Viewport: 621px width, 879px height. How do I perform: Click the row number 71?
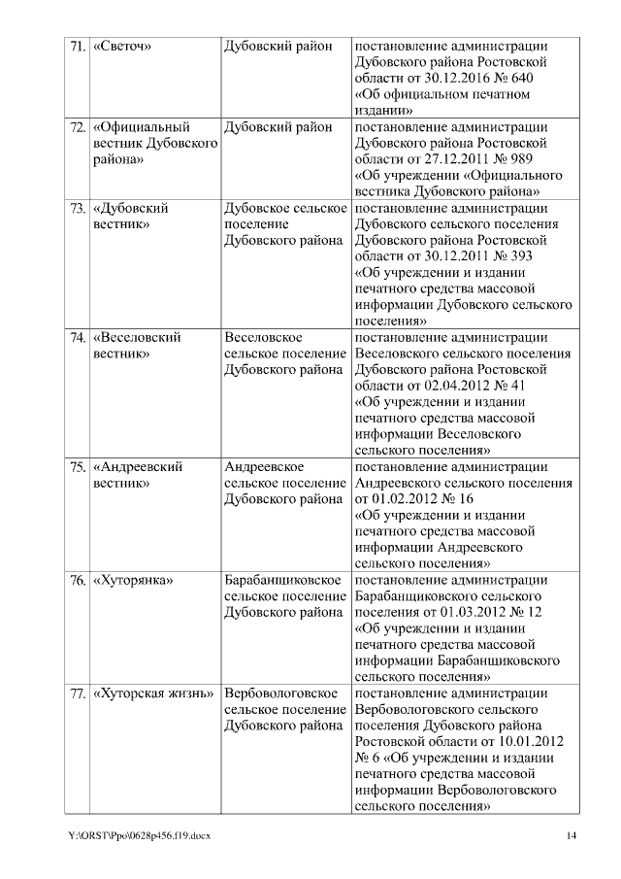[x=77, y=46]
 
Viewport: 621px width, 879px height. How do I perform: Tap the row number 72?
[x=77, y=127]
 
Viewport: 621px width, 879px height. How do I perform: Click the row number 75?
[x=77, y=467]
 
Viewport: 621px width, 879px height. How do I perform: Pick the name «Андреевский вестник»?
[x=138, y=475]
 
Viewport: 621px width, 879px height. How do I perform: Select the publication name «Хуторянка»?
[x=132, y=581]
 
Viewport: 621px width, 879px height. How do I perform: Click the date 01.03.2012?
[x=470, y=613]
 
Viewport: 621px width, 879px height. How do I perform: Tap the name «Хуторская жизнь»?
[x=152, y=694]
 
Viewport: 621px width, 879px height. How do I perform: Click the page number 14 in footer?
[x=572, y=836]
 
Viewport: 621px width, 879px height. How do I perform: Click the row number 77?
[x=77, y=694]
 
